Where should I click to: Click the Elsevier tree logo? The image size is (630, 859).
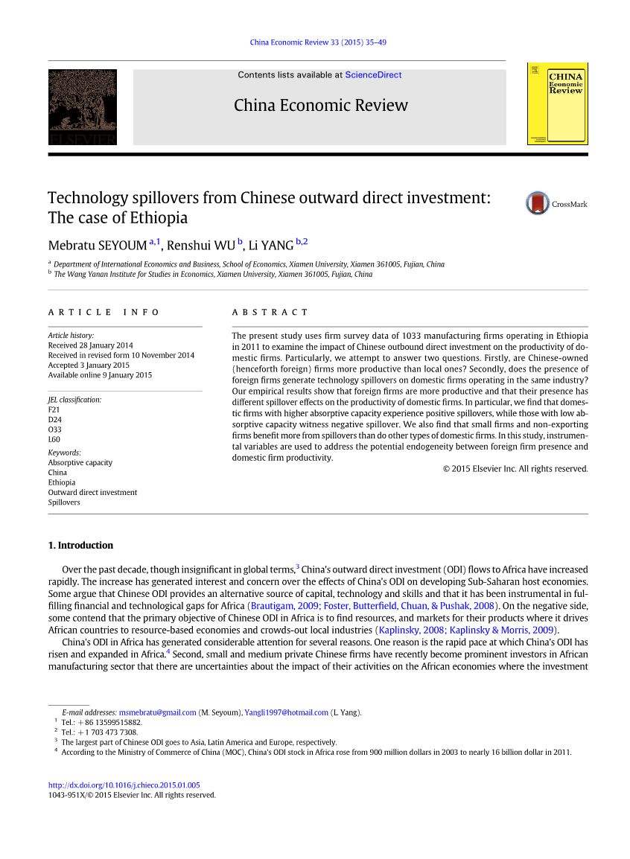[x=83, y=106]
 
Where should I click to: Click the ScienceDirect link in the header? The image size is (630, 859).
[x=373, y=75]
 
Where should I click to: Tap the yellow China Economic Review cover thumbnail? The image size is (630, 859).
[x=557, y=104]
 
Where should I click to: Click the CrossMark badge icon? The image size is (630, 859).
[x=538, y=203]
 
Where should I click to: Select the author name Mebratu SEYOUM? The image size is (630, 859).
[x=97, y=246]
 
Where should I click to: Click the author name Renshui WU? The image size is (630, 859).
[x=200, y=246]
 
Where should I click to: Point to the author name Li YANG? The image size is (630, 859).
[x=271, y=246]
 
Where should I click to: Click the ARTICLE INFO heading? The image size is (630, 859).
[x=104, y=313]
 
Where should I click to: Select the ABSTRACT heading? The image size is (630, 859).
[x=270, y=313]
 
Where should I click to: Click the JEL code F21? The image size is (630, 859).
[x=54, y=410]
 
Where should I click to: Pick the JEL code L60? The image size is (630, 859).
[x=54, y=439]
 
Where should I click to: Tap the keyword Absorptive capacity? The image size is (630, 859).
[x=80, y=463]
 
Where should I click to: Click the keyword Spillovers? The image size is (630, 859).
[x=64, y=502]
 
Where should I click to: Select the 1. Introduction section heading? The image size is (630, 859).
[x=80, y=546]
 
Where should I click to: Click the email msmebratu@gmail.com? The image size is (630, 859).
[x=157, y=712]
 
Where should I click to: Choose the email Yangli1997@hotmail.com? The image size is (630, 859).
[x=286, y=712]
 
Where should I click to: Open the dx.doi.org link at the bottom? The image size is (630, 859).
[x=124, y=785]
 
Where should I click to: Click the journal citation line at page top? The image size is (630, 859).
[x=318, y=42]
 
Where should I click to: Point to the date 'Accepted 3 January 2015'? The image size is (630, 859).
[x=89, y=365]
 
